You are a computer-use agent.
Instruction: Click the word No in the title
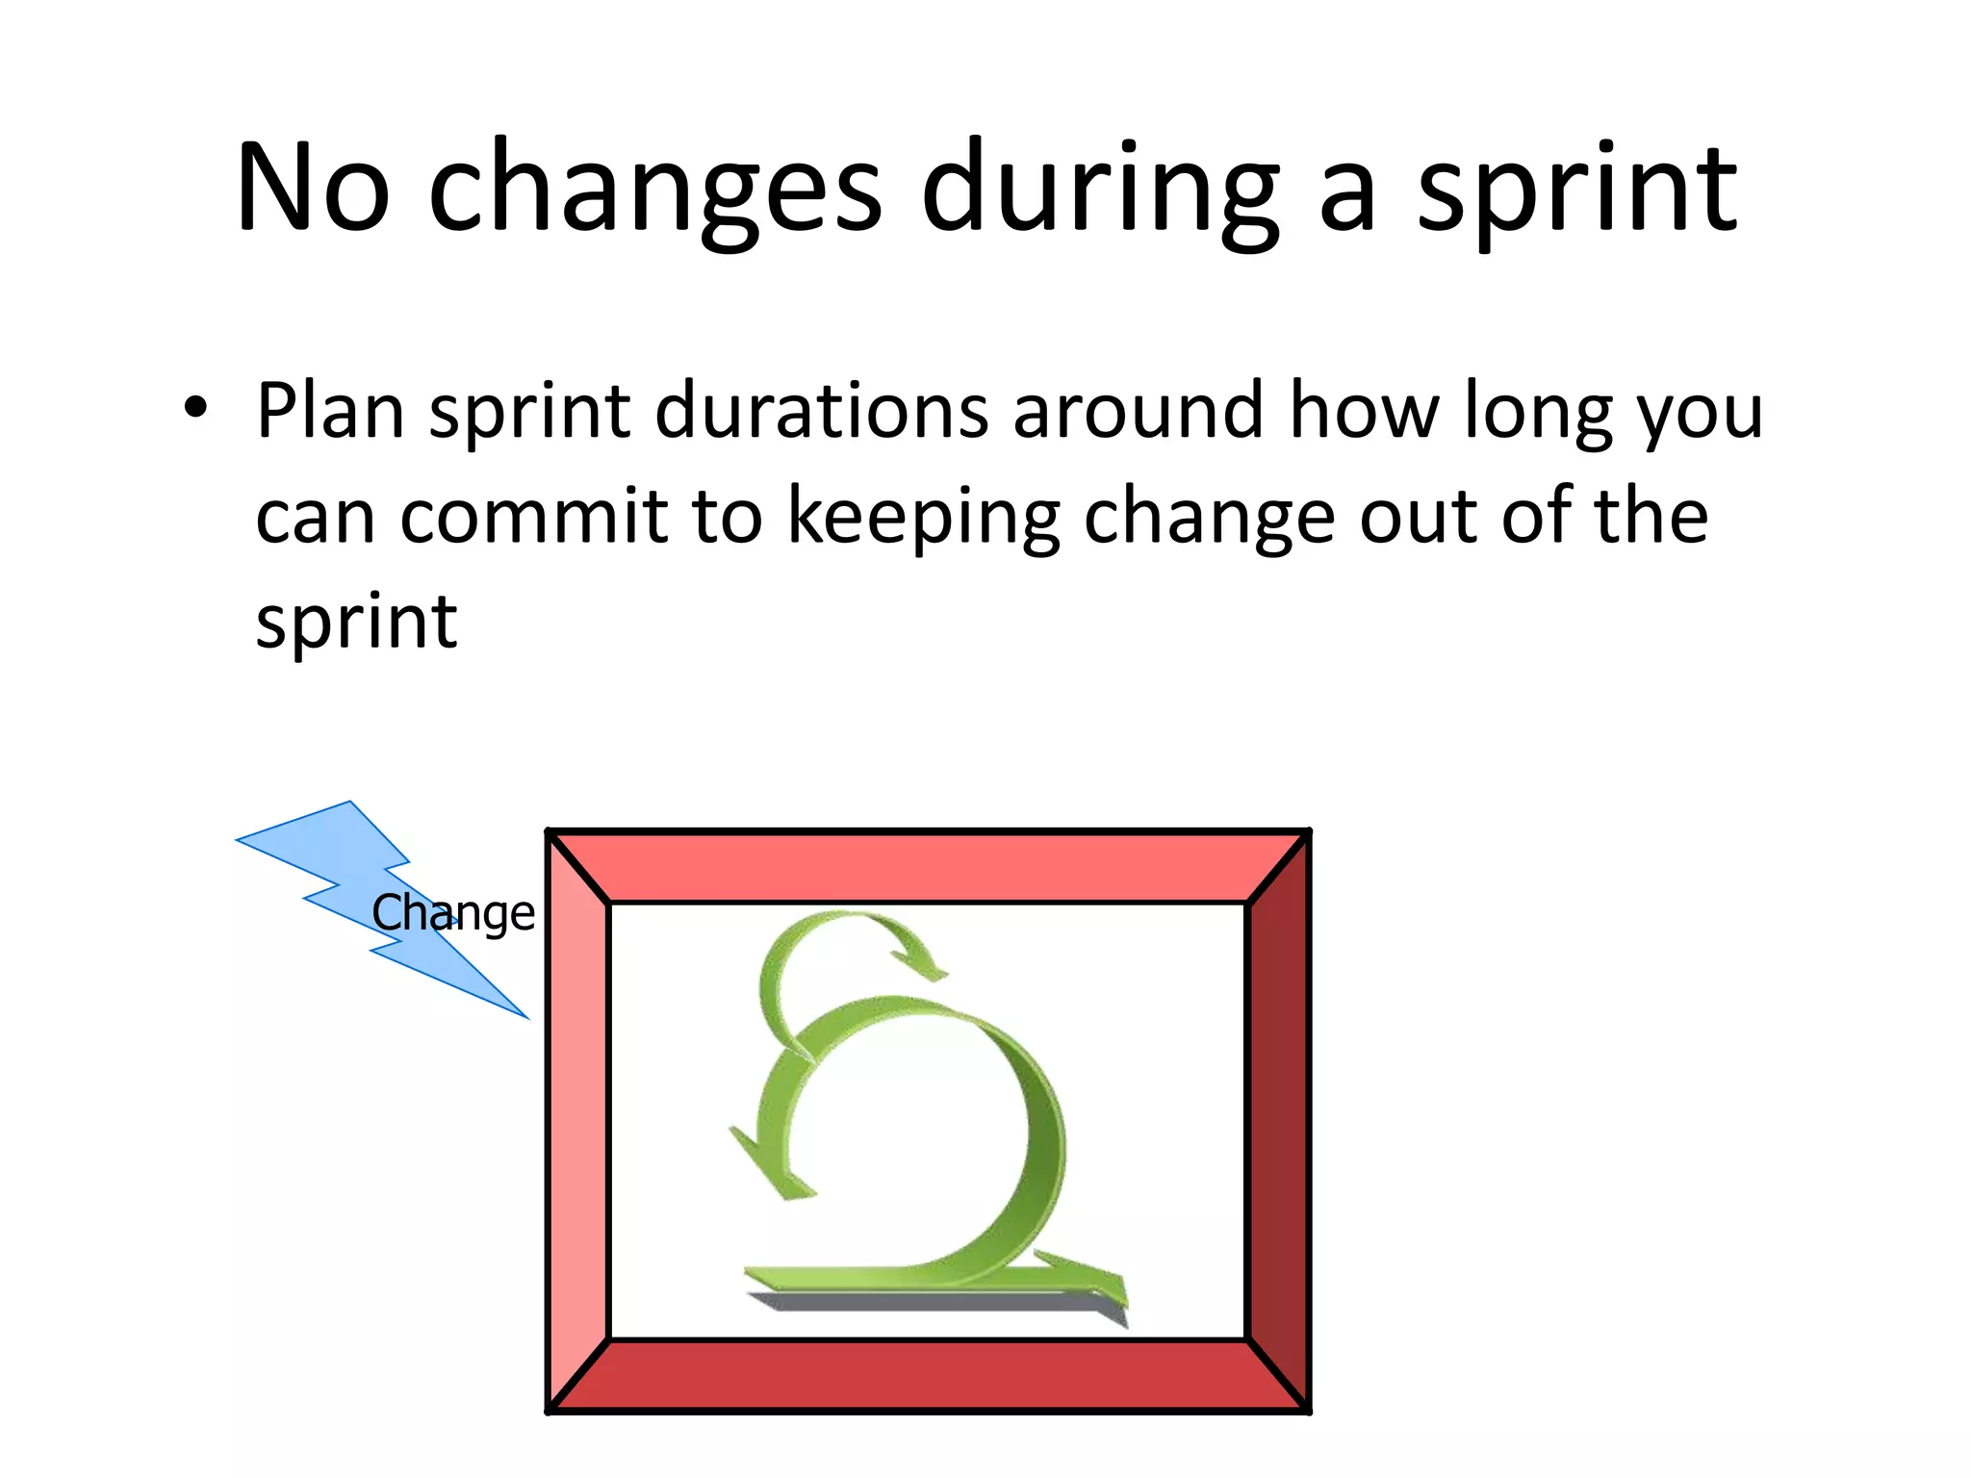coord(313,188)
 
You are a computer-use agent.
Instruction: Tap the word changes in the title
coord(654,188)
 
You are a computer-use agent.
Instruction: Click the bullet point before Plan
coord(195,409)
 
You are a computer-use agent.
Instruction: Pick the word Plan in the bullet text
coord(330,411)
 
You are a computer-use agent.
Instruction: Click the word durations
coord(823,411)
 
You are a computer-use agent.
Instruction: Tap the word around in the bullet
coord(1138,411)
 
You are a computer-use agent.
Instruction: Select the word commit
coord(534,517)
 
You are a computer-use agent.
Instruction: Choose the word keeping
coord(924,517)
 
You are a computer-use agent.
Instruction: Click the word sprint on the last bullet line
coord(356,623)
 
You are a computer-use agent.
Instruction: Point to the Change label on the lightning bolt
coord(453,912)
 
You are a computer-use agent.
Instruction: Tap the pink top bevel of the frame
coord(929,867)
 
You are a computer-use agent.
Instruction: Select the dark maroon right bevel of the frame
coord(1279,1121)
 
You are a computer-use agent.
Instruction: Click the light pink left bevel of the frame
coord(578,1121)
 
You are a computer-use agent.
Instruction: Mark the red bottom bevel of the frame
coord(929,1375)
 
